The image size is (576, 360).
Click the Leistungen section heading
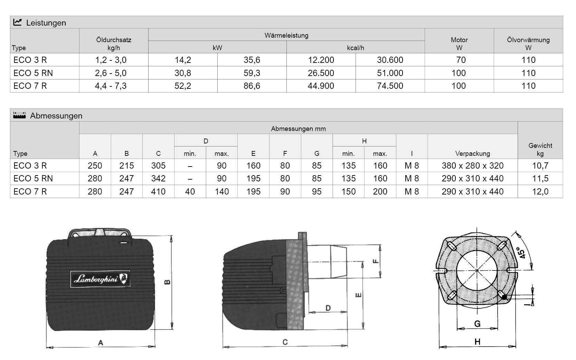click(x=46, y=23)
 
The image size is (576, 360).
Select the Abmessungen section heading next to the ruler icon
click(x=56, y=116)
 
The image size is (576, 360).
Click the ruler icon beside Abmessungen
click(x=20, y=115)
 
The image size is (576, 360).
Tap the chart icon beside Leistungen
click(x=18, y=22)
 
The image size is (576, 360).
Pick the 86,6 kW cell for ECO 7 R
click(x=252, y=86)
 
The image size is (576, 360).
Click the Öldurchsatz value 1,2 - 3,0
click(x=111, y=60)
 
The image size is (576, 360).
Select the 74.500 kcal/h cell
click(x=390, y=86)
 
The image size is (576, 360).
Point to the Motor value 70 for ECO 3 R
click(x=461, y=60)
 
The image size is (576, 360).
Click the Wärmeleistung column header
click(x=286, y=36)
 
